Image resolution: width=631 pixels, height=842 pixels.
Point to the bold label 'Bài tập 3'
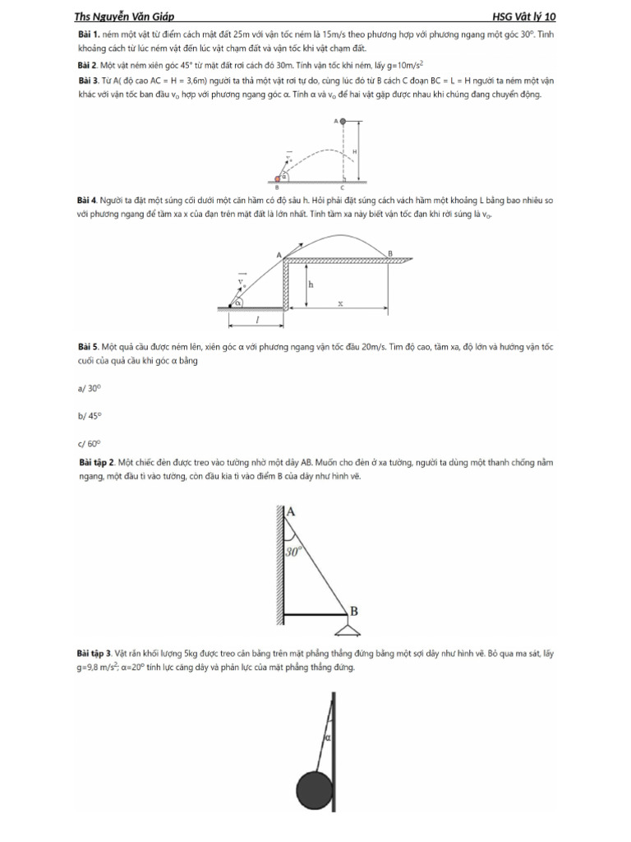(x=93, y=653)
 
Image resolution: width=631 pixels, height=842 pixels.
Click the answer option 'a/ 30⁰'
(x=89, y=387)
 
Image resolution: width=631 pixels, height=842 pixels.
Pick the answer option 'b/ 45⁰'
(x=89, y=415)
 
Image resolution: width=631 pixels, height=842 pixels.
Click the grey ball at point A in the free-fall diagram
(x=343, y=121)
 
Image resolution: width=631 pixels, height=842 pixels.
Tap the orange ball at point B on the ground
(x=279, y=178)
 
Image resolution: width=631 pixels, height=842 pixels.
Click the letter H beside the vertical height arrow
(x=354, y=151)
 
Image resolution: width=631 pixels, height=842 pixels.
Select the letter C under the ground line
(x=343, y=187)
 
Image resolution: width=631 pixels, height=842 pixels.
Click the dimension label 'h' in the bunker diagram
(x=311, y=284)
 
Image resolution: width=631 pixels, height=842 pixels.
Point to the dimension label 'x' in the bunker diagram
(x=339, y=303)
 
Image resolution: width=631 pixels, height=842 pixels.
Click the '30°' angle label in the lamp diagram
(x=294, y=553)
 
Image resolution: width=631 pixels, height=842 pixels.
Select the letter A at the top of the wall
(x=290, y=512)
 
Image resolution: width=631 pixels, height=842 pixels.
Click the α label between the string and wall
(x=327, y=738)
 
